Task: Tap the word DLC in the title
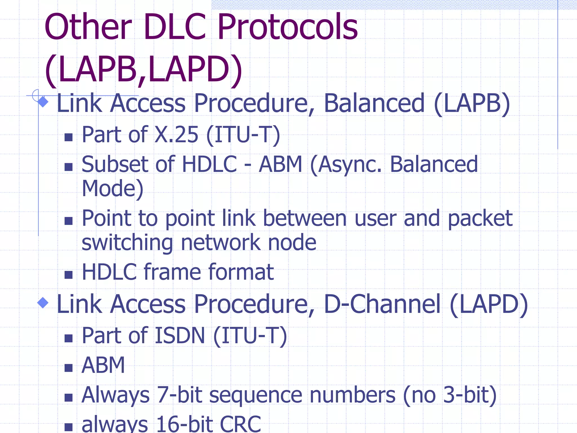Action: point(175,28)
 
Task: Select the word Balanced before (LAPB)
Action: point(374,103)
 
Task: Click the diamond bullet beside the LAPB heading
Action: point(43,101)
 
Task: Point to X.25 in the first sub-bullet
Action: point(177,135)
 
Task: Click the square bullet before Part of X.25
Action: point(68,137)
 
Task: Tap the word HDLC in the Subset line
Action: point(210,164)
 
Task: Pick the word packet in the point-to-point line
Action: point(480,218)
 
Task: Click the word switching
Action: point(127,243)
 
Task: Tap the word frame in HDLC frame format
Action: point(172,272)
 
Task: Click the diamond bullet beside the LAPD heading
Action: point(43,303)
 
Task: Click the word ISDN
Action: point(180,336)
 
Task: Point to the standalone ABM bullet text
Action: point(103,365)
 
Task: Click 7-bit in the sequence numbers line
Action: point(179,395)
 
